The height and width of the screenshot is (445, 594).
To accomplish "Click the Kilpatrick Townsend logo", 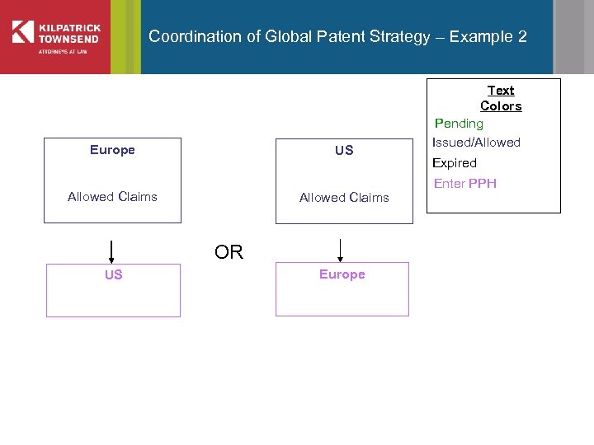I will click(x=56, y=37).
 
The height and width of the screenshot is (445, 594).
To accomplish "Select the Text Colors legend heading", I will click(x=501, y=98).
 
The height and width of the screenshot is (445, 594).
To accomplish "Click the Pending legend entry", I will click(x=459, y=124).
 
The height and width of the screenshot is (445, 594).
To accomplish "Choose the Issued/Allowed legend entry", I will click(x=476, y=143).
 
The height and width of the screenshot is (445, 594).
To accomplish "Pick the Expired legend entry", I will click(x=455, y=163).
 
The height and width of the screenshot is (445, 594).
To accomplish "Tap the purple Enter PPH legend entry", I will click(x=465, y=184).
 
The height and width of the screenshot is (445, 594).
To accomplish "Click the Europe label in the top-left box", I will click(x=112, y=150).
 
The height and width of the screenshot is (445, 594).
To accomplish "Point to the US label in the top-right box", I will click(x=344, y=151).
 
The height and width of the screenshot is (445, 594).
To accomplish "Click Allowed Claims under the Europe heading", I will click(x=112, y=197).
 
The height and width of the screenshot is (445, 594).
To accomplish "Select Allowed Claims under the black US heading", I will click(x=344, y=198).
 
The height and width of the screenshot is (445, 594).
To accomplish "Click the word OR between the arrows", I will click(x=229, y=252).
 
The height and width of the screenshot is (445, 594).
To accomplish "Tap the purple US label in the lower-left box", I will click(x=113, y=275).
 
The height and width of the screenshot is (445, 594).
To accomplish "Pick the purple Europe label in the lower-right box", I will click(x=342, y=274).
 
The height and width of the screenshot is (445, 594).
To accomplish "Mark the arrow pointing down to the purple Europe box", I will click(x=340, y=250).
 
